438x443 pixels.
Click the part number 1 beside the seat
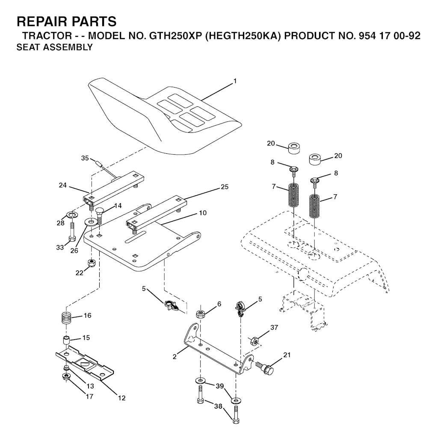(x=235, y=81)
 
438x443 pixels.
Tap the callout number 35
(x=85, y=158)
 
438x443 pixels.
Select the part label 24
(x=63, y=185)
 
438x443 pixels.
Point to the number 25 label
(x=225, y=187)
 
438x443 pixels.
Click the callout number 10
(x=203, y=213)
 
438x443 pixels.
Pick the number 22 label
(x=80, y=273)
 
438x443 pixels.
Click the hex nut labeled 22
(x=92, y=262)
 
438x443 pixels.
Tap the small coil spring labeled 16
(x=66, y=319)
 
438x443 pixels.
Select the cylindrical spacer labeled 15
(x=66, y=340)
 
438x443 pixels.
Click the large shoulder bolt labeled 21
(x=265, y=367)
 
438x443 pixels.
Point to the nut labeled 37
(x=255, y=341)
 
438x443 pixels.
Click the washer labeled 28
(x=72, y=216)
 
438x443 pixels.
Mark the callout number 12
(x=121, y=398)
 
